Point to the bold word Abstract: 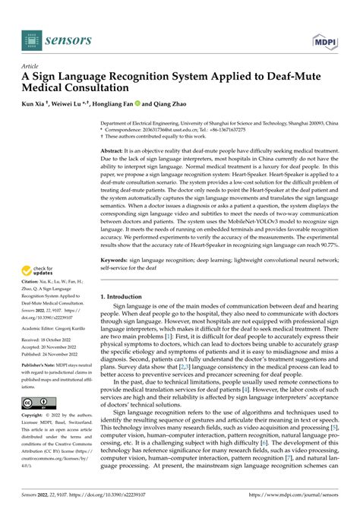click(x=114, y=131)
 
